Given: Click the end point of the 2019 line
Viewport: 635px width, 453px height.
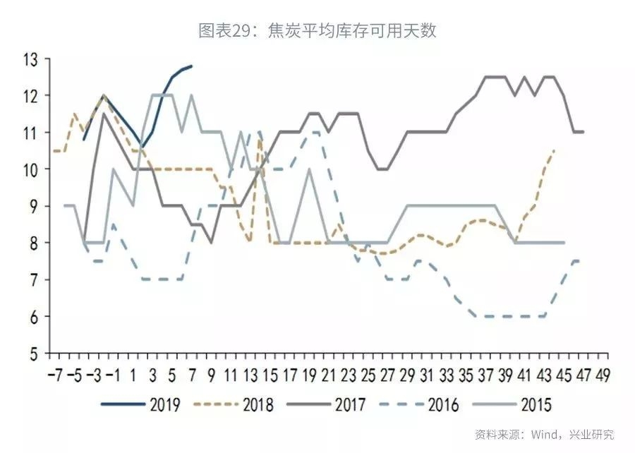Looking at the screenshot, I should coord(191,66).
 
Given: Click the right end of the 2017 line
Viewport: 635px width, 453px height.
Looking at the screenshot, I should coord(583,132).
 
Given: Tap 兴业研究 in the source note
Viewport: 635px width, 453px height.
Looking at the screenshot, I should coord(593,434).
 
